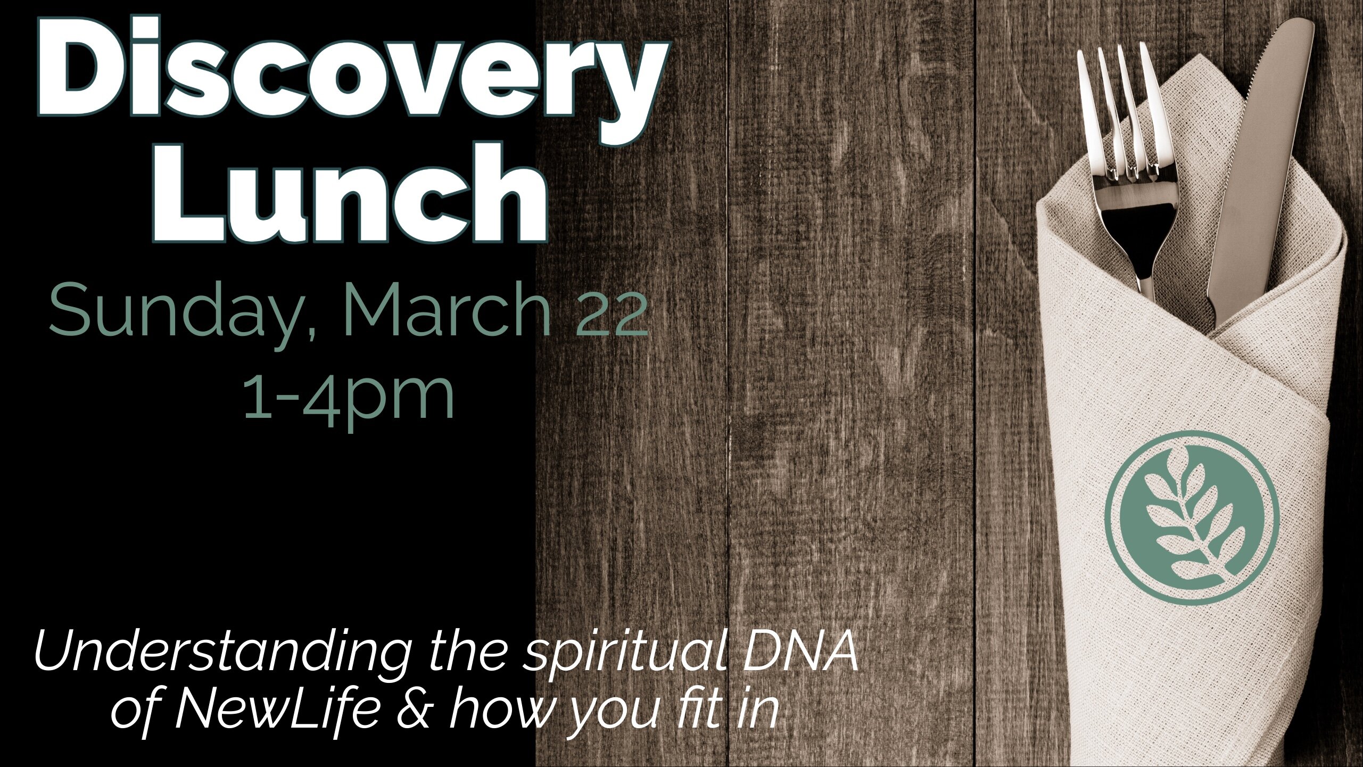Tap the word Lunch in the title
(x=351, y=194)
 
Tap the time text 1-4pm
(x=349, y=397)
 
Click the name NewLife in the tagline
(x=277, y=711)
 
